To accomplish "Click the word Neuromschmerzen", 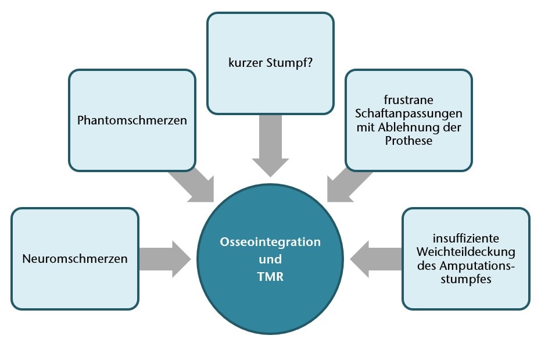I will [74, 259].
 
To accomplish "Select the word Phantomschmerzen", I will [132, 120].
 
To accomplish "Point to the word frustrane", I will [409, 98].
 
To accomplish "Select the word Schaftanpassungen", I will [409, 112].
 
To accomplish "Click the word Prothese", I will [409, 140].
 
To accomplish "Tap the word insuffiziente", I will [465, 238].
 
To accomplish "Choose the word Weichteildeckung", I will [465, 252].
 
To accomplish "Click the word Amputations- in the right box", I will [465, 266].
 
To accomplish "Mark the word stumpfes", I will [465, 280].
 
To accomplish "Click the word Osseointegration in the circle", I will [270, 242].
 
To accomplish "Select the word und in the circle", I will [270, 259].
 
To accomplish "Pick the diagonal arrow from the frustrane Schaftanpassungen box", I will [349, 185].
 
